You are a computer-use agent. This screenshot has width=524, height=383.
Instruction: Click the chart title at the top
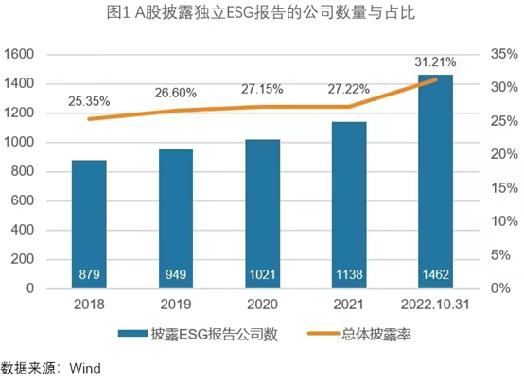point(261,13)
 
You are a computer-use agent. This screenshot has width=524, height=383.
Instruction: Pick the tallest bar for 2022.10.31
point(435,181)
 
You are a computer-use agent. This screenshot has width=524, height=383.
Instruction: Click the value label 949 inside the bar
point(176,276)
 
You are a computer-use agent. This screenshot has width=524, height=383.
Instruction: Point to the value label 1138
point(349,276)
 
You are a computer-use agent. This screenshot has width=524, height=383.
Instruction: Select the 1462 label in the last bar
point(435,276)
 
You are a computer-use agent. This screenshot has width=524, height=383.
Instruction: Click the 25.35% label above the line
point(87,99)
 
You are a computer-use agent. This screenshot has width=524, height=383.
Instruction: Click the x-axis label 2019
point(176,305)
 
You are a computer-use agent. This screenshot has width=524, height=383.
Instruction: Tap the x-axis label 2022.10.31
point(435,305)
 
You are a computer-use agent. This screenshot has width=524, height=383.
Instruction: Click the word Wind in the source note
point(84,367)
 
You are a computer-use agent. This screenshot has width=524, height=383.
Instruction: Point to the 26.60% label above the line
point(175,93)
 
